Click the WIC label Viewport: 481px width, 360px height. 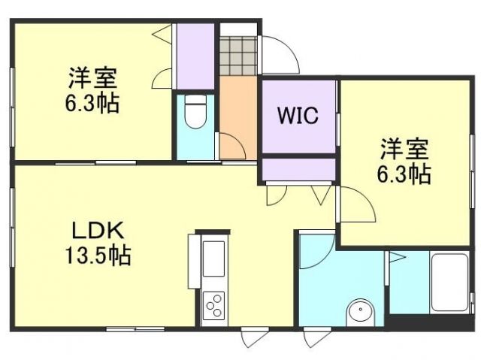(x=298, y=116)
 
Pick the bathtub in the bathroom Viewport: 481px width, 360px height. (x=449, y=284)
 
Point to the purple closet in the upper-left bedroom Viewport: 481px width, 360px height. (x=195, y=56)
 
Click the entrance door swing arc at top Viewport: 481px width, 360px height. (x=280, y=53)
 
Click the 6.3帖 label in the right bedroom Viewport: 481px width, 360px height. (x=403, y=175)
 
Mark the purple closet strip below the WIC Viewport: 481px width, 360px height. (x=298, y=169)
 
